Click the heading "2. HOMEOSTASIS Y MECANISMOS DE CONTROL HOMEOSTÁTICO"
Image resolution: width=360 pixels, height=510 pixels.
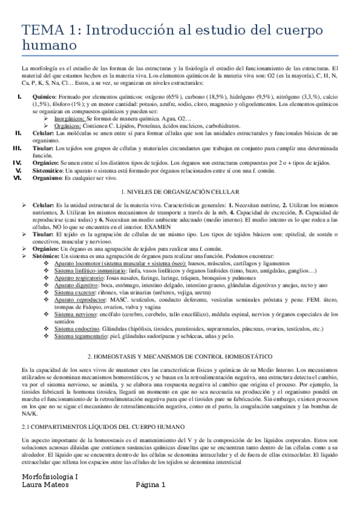pos(180,356)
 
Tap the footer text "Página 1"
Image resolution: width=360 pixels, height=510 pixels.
pos(151,485)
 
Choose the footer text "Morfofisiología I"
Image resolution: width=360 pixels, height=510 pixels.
pos(49,476)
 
